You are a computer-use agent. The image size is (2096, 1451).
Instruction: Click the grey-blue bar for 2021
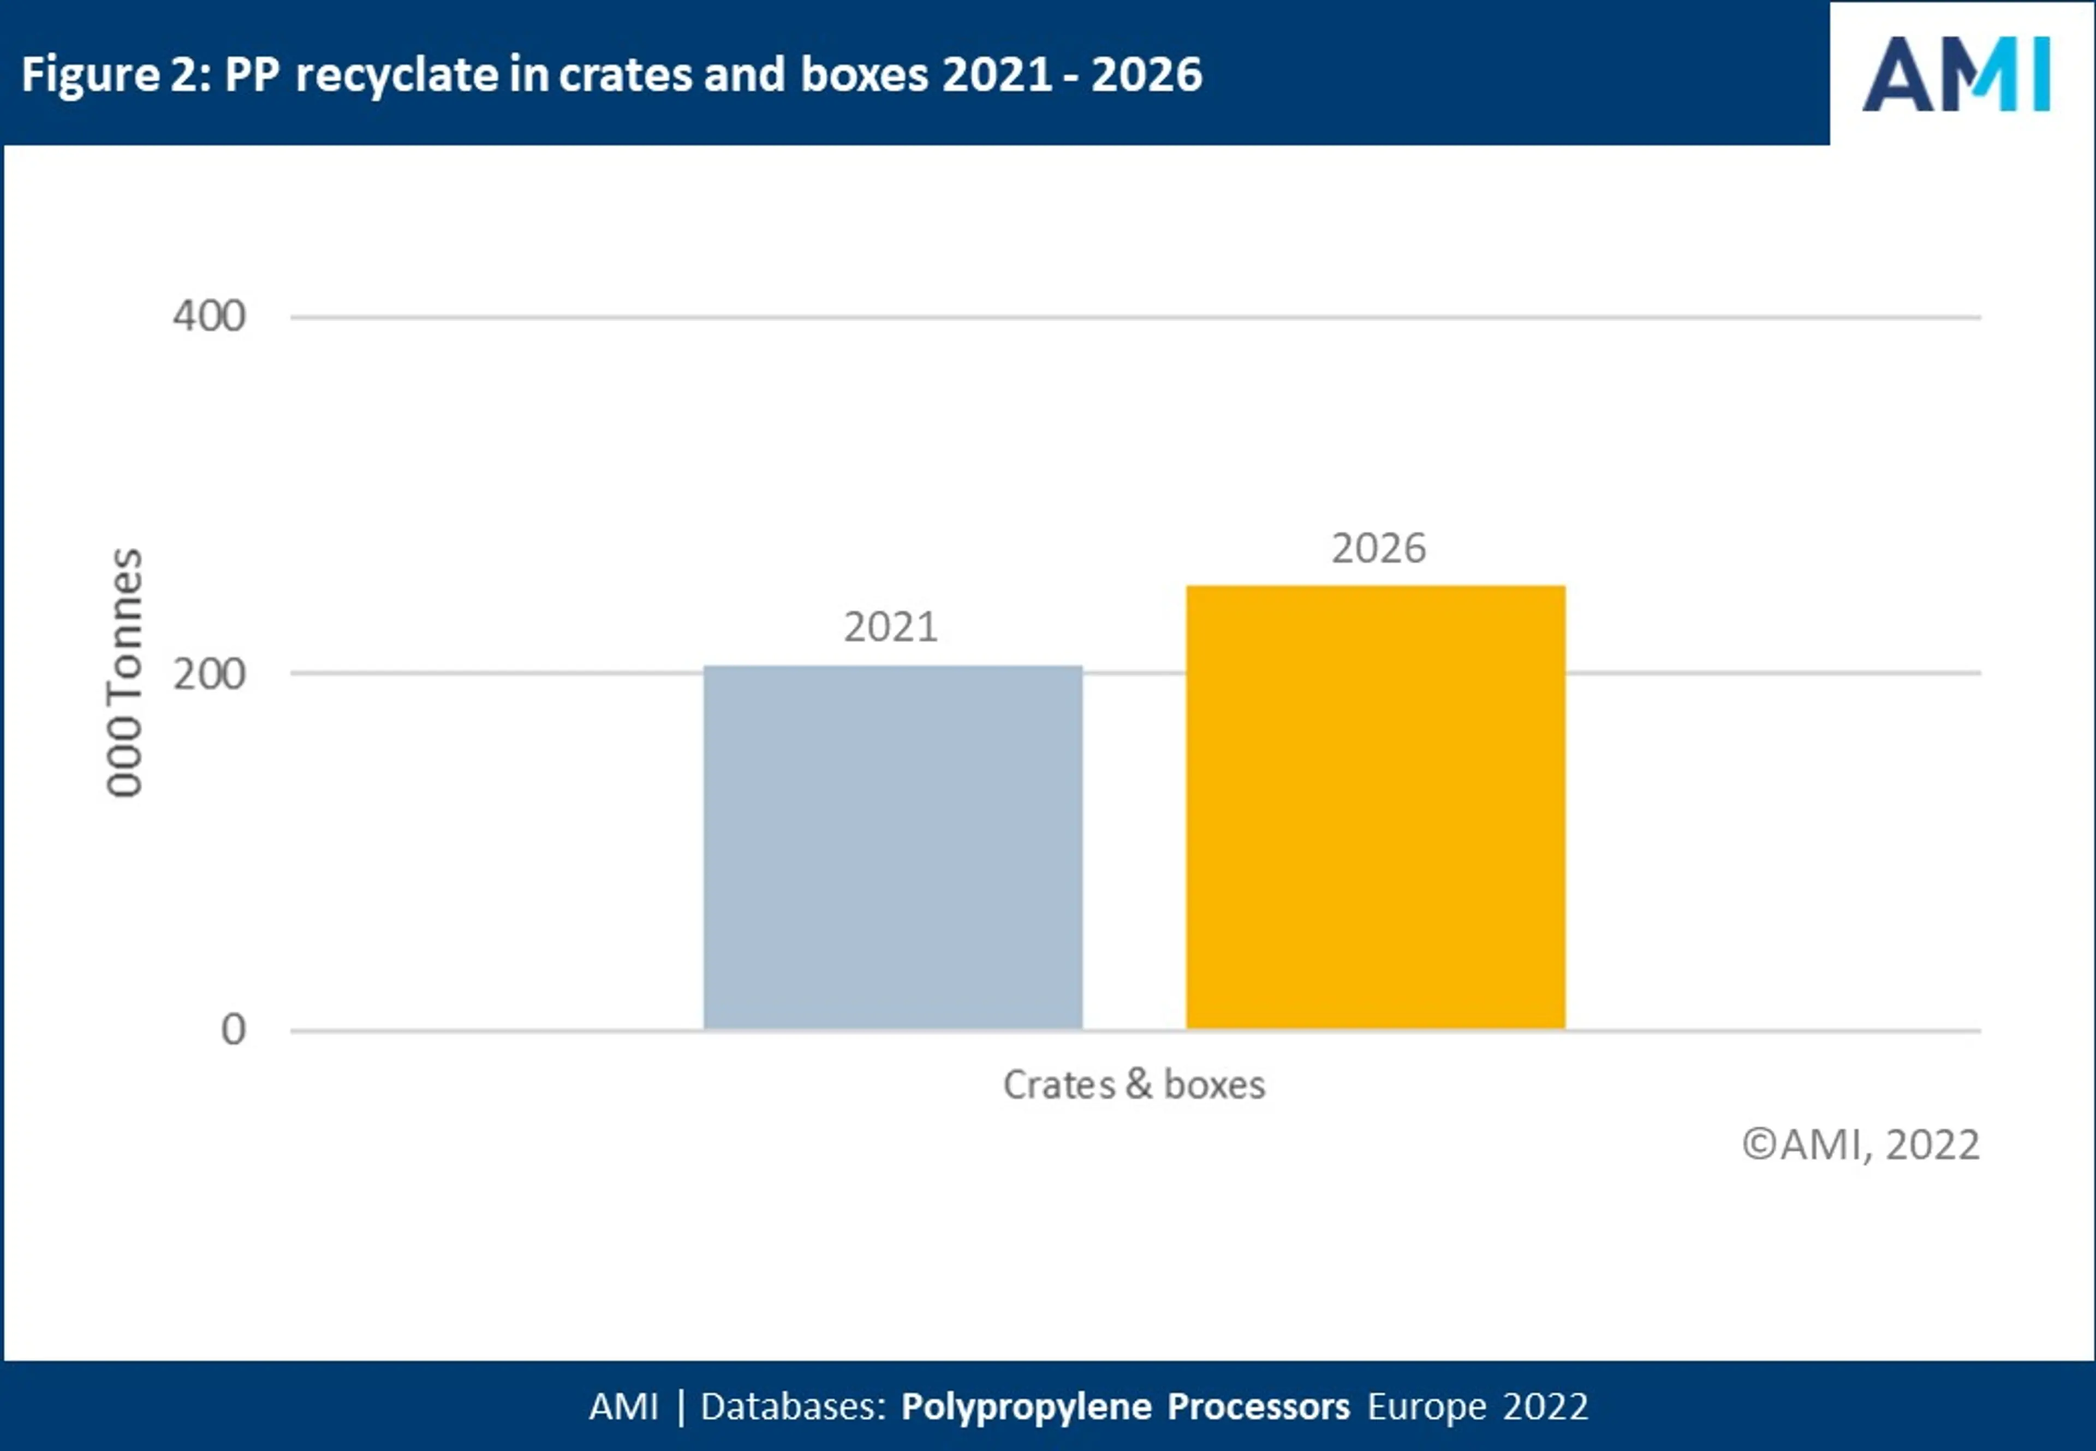[892, 847]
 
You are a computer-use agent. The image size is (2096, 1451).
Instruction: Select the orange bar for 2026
[1375, 807]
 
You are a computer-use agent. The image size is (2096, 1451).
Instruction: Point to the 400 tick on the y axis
[209, 317]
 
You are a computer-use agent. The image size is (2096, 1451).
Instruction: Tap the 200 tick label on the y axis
[209, 675]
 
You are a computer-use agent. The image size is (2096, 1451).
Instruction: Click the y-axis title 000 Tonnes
[124, 673]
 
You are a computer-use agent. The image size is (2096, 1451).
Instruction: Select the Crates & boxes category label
[1134, 1085]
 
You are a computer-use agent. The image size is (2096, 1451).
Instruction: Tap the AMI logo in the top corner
[1956, 75]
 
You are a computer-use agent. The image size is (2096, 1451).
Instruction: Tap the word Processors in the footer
[1258, 1406]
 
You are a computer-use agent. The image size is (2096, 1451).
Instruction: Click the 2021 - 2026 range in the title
[1073, 75]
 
